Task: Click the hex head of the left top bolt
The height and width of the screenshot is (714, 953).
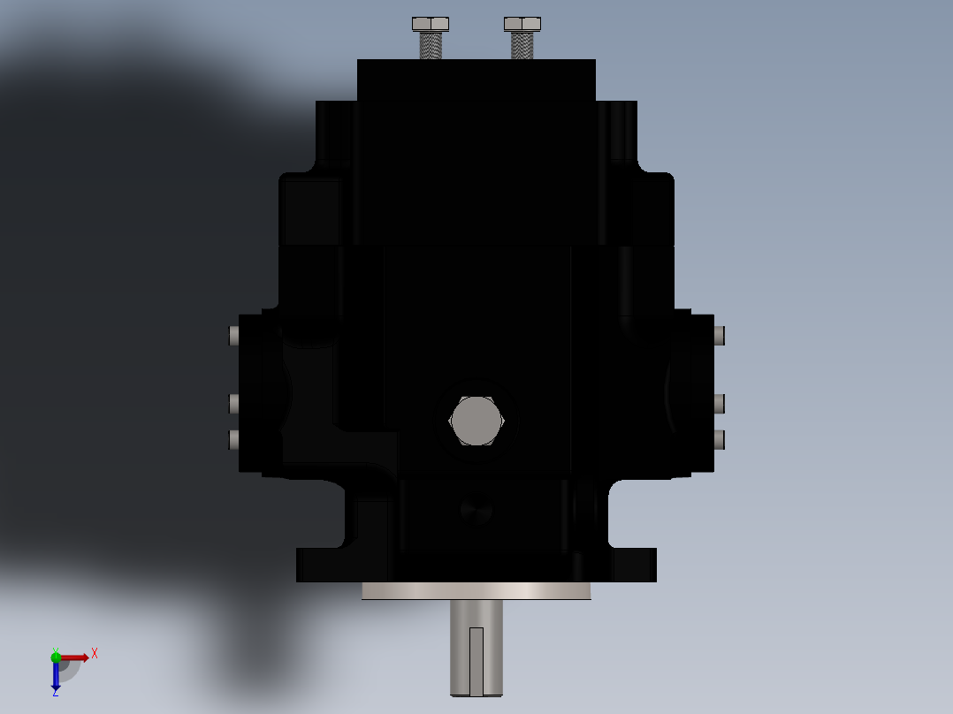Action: (x=431, y=24)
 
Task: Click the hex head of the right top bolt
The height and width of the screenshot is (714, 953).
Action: (x=522, y=24)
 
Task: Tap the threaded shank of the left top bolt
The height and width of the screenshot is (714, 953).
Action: (x=431, y=45)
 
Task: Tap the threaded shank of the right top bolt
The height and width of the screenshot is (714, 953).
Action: (x=522, y=45)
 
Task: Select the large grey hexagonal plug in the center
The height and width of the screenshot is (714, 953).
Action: (x=476, y=421)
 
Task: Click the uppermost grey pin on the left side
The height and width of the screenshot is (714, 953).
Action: (x=234, y=335)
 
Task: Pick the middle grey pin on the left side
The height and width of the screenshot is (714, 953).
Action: (x=234, y=404)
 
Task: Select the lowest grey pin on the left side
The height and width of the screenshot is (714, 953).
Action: (x=234, y=439)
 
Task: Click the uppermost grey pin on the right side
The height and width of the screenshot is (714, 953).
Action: (x=720, y=335)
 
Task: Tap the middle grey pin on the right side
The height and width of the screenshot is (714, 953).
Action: (x=720, y=404)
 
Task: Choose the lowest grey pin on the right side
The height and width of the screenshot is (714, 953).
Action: (x=720, y=439)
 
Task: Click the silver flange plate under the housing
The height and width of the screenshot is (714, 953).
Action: (x=476, y=591)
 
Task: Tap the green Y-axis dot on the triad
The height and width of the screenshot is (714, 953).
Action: (x=56, y=657)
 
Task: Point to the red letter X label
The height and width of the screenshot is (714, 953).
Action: (x=95, y=654)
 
